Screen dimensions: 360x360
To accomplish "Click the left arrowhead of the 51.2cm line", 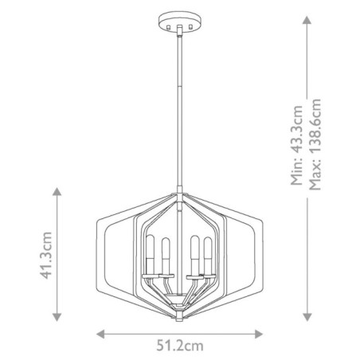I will click(x=100, y=334).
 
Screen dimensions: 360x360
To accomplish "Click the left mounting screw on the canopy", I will click(x=171, y=24).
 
